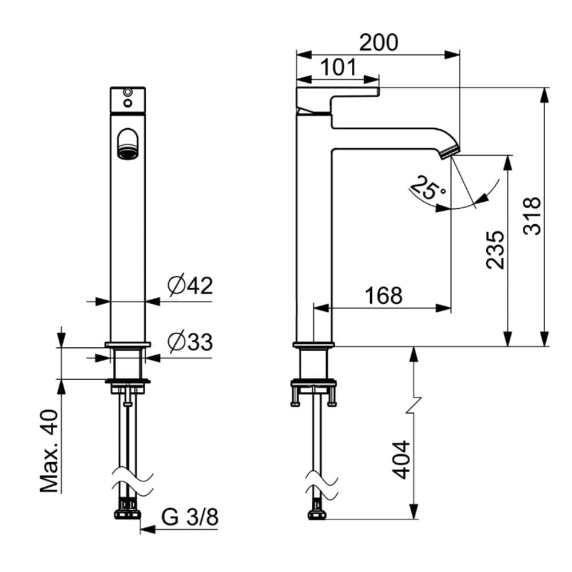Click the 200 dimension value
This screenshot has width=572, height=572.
(x=378, y=42)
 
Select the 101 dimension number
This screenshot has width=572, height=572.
(x=338, y=67)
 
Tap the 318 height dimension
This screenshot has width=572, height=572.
(x=532, y=216)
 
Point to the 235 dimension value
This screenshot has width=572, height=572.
(x=495, y=250)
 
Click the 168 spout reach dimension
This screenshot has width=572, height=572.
(x=384, y=296)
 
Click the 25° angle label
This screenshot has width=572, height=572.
(x=427, y=188)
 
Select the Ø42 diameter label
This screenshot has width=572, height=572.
(x=190, y=285)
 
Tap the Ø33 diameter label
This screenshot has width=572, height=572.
(x=190, y=342)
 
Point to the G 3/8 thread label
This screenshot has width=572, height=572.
(x=190, y=517)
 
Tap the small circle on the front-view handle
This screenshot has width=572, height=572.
(x=128, y=103)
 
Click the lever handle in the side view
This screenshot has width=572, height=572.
(x=337, y=100)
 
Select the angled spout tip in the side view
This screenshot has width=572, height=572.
(x=450, y=151)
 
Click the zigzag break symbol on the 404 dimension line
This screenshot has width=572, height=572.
(x=414, y=406)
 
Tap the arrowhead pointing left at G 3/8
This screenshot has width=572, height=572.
(x=148, y=529)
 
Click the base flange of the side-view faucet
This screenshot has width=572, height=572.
(x=313, y=345)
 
